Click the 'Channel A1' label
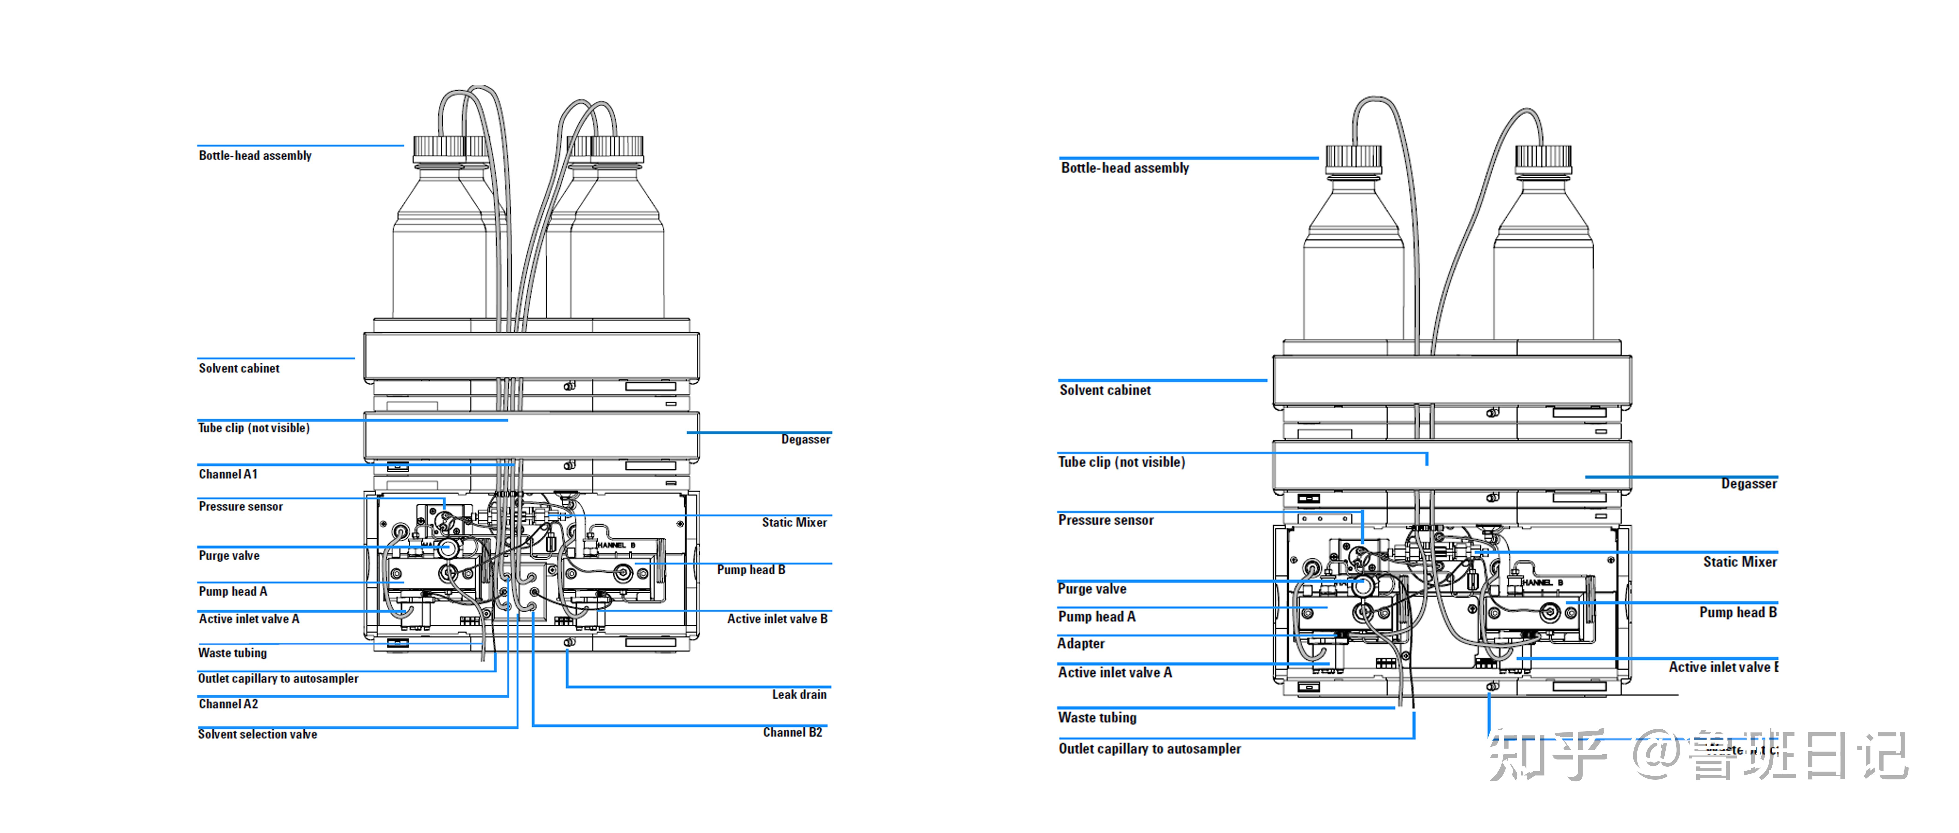pyautogui.click(x=228, y=474)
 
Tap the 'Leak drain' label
pyautogui.click(x=799, y=695)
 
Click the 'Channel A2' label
pyautogui.click(x=228, y=705)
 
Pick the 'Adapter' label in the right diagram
pyautogui.click(x=1081, y=644)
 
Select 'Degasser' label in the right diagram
pyautogui.click(x=1748, y=484)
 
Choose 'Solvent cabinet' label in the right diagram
pyautogui.click(x=1105, y=390)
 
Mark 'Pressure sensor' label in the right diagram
pyautogui.click(x=1106, y=520)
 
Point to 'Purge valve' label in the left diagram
pyautogui.click(x=229, y=556)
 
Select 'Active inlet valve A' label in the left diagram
pyautogui.click(x=249, y=619)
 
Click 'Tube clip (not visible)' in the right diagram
pyautogui.click(x=1121, y=462)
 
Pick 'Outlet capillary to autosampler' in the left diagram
pyautogui.click(x=278, y=678)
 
